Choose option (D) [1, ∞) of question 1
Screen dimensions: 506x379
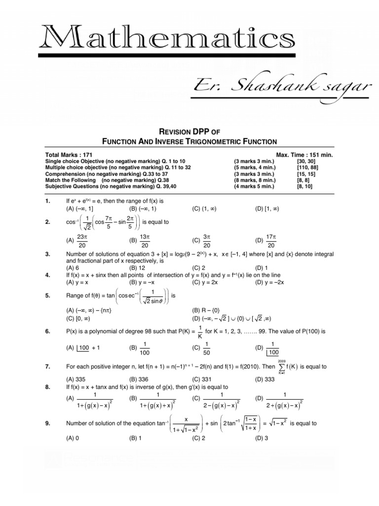267,209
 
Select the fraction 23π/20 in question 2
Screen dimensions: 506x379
82,240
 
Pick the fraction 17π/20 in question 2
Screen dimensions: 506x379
271,240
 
